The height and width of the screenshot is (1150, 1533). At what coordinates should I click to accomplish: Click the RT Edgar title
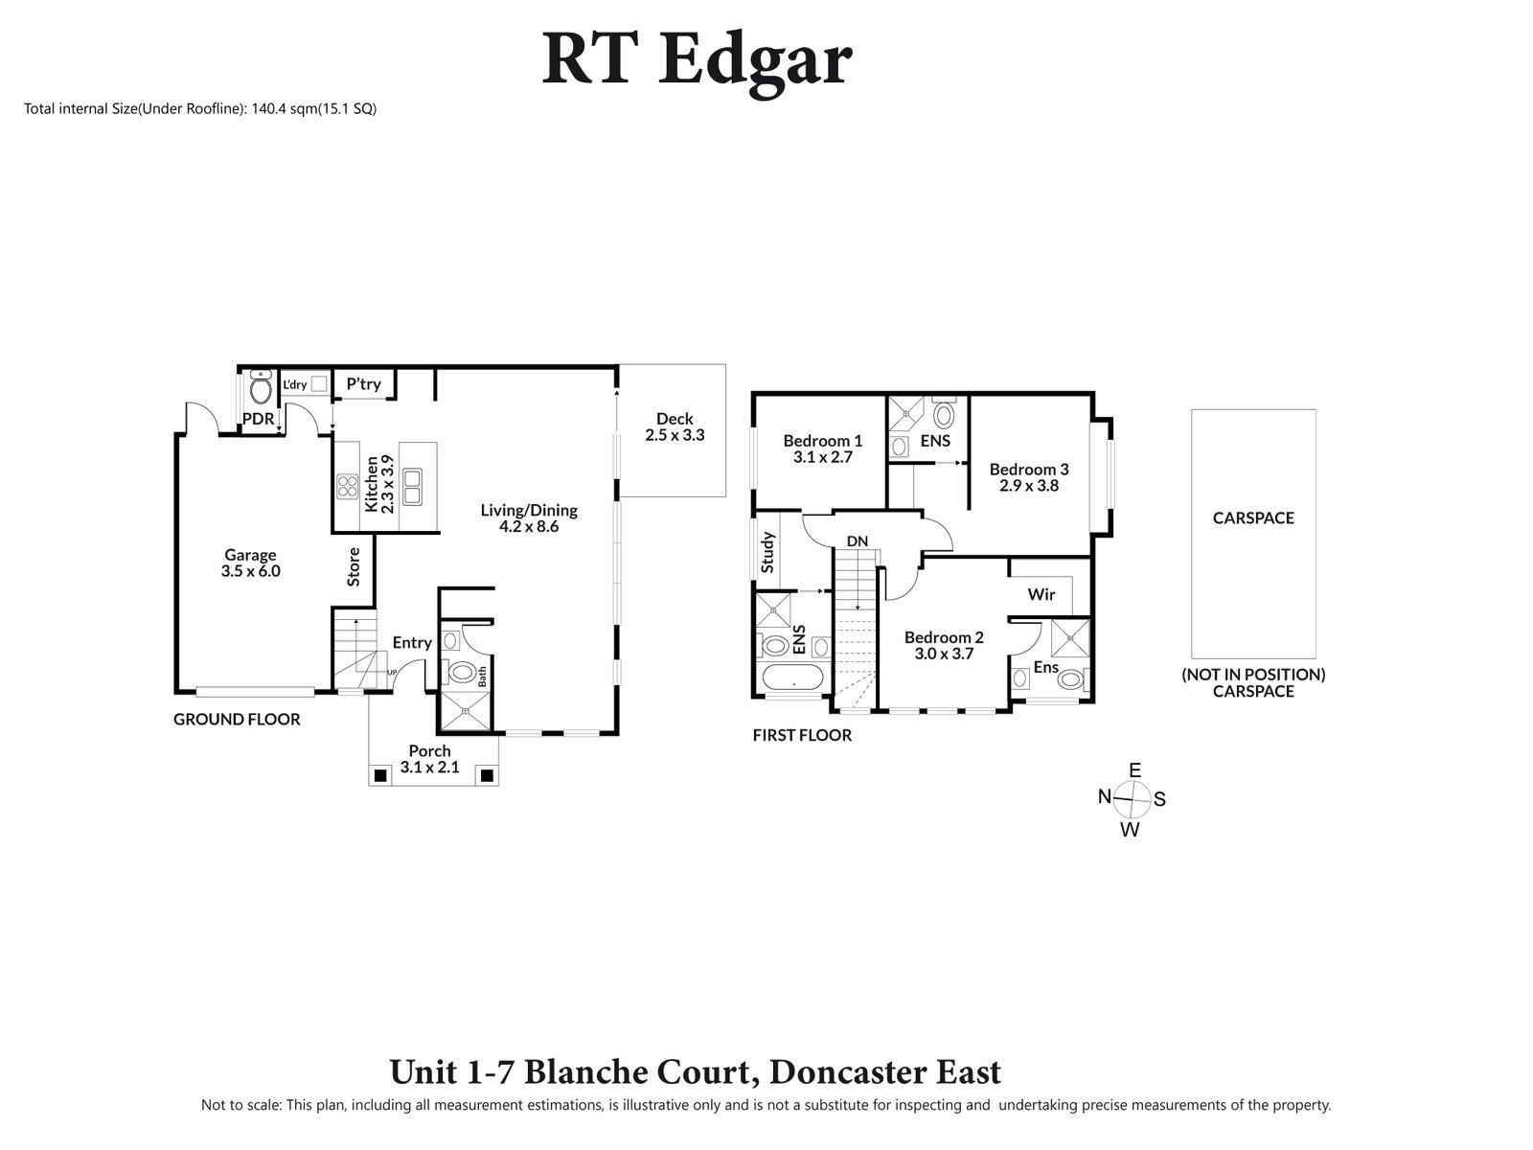tap(697, 59)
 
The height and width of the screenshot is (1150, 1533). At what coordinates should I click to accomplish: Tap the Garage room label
tap(250, 555)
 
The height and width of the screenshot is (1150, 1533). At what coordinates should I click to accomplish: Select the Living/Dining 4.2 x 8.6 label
tap(529, 518)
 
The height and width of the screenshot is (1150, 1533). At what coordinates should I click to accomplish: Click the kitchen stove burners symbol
tap(346, 487)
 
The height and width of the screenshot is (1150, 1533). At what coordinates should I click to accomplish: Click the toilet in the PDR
tap(259, 389)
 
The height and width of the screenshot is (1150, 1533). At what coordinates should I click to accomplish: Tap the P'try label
tap(363, 384)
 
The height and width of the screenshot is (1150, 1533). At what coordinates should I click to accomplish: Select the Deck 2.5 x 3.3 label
tap(675, 426)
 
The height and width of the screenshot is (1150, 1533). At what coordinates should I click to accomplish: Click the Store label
tap(354, 566)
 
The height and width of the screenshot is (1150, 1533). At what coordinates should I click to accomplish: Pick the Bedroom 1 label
tap(822, 441)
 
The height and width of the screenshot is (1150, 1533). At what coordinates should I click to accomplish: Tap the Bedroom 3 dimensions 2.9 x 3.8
tap(1029, 486)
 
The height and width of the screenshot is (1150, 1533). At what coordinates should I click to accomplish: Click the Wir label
tap(1041, 595)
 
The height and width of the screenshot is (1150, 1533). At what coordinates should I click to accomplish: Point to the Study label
tap(767, 552)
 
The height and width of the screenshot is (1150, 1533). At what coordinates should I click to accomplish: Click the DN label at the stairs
tap(857, 541)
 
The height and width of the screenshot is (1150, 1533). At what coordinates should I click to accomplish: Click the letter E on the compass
tap(1134, 770)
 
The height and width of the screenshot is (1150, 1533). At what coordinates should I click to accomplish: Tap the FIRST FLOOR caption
tap(802, 736)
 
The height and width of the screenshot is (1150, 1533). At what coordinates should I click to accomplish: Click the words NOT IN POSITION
tap(1253, 675)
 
